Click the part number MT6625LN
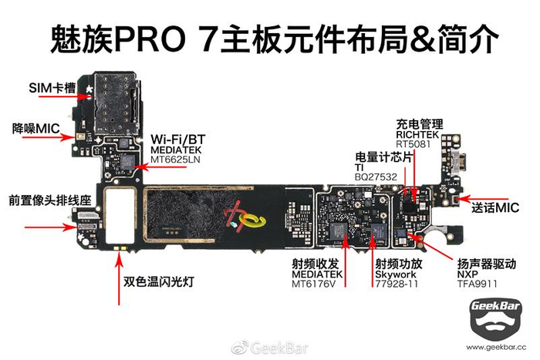coord(175,160)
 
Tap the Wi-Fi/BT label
coord(177,140)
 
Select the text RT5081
coord(413,144)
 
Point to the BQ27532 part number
coord(376,177)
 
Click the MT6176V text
coord(313,284)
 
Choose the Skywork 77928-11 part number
coord(397,284)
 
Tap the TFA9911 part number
coord(477,284)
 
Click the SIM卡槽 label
coord(52,88)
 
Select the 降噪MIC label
coord(35,129)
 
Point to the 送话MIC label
coord(495,207)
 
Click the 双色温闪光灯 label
coord(159,282)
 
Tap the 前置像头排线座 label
coord(50,200)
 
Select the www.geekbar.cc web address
coord(496,347)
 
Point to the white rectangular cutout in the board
coord(120,216)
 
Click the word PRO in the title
coord(150,39)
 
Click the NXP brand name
coord(467,274)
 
